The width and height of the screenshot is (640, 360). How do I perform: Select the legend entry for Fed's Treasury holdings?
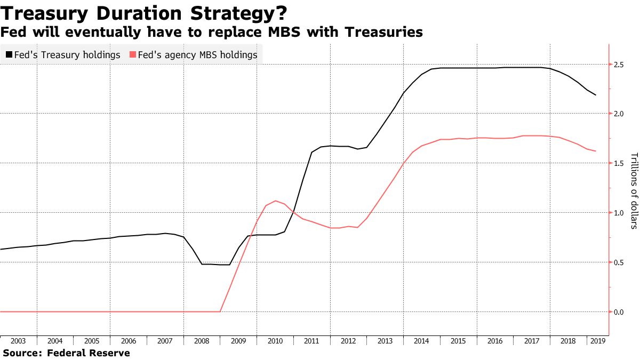62,55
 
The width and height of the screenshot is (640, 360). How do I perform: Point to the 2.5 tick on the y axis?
619,65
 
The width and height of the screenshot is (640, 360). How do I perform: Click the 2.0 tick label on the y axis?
619,114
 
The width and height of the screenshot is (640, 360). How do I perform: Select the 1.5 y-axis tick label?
619,163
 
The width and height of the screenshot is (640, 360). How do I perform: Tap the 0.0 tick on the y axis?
619,311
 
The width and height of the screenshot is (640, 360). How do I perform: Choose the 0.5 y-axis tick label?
619,262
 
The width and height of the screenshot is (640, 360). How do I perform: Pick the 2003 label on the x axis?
18,341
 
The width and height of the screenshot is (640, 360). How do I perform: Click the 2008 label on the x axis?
202,341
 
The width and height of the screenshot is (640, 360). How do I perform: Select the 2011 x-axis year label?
311,341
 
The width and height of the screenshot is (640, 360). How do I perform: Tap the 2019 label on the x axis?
597,341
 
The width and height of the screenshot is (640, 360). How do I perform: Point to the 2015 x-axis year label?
458,341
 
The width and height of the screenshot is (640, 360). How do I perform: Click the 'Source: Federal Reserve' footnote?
67,353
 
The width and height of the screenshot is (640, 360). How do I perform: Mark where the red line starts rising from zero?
220,311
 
